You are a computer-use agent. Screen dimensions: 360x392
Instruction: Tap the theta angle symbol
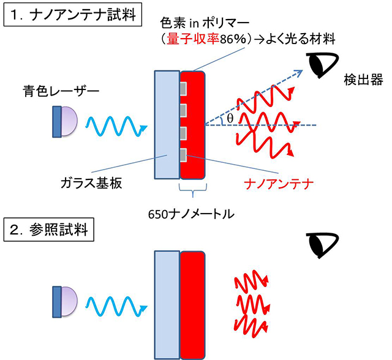point(230,117)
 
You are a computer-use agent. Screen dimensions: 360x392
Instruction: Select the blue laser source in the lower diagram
point(64,301)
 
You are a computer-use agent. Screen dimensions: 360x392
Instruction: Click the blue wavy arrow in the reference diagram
point(116,304)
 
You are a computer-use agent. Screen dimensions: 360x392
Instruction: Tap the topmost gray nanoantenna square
point(184,90)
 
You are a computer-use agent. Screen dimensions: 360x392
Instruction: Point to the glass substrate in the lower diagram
point(166,302)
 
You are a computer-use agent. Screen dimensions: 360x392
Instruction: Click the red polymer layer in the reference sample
point(194,302)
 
